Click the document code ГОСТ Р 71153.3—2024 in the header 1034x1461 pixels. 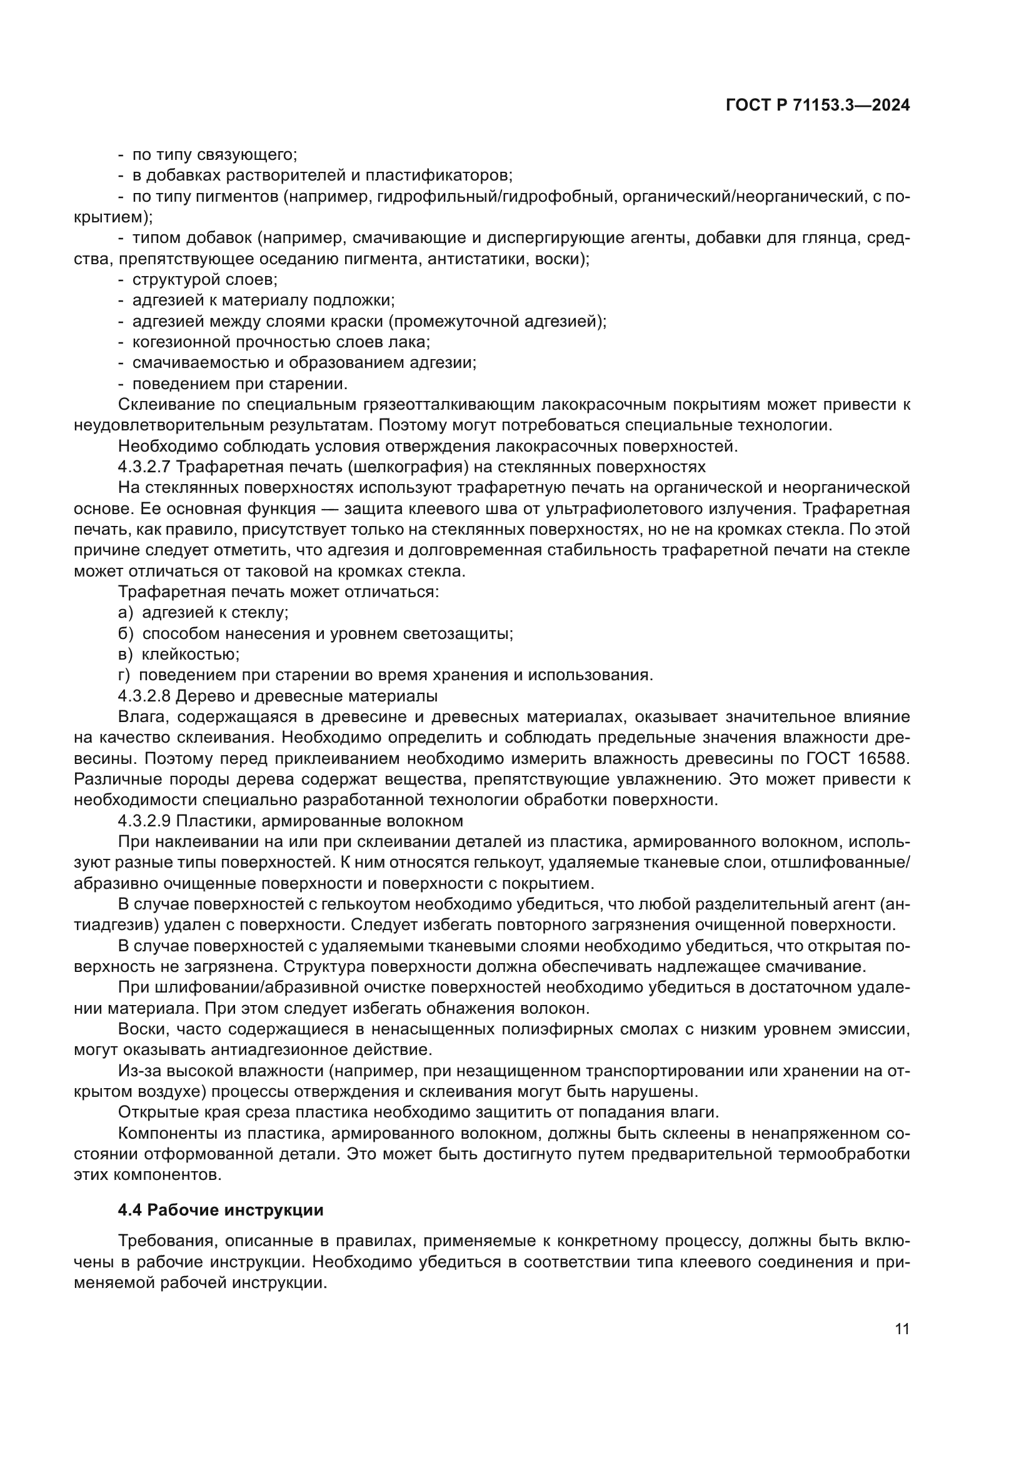[818, 106]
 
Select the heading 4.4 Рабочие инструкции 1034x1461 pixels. [220, 1210]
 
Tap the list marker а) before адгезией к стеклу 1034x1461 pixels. [126, 613]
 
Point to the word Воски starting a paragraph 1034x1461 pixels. [142, 1029]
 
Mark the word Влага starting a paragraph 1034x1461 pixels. [142, 717]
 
